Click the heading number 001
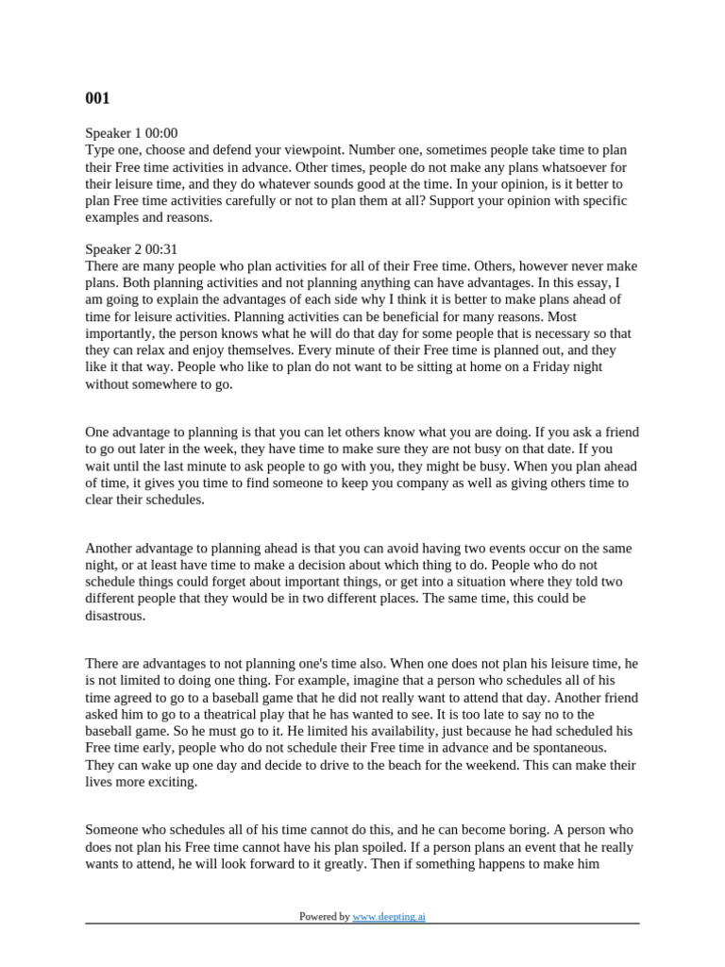pyautogui.click(x=98, y=97)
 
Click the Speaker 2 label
pyautogui.click(x=113, y=249)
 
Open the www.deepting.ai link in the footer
pyautogui.click(x=389, y=916)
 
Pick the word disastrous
pyautogui.click(x=117, y=615)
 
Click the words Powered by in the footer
pyautogui.click(x=324, y=916)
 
